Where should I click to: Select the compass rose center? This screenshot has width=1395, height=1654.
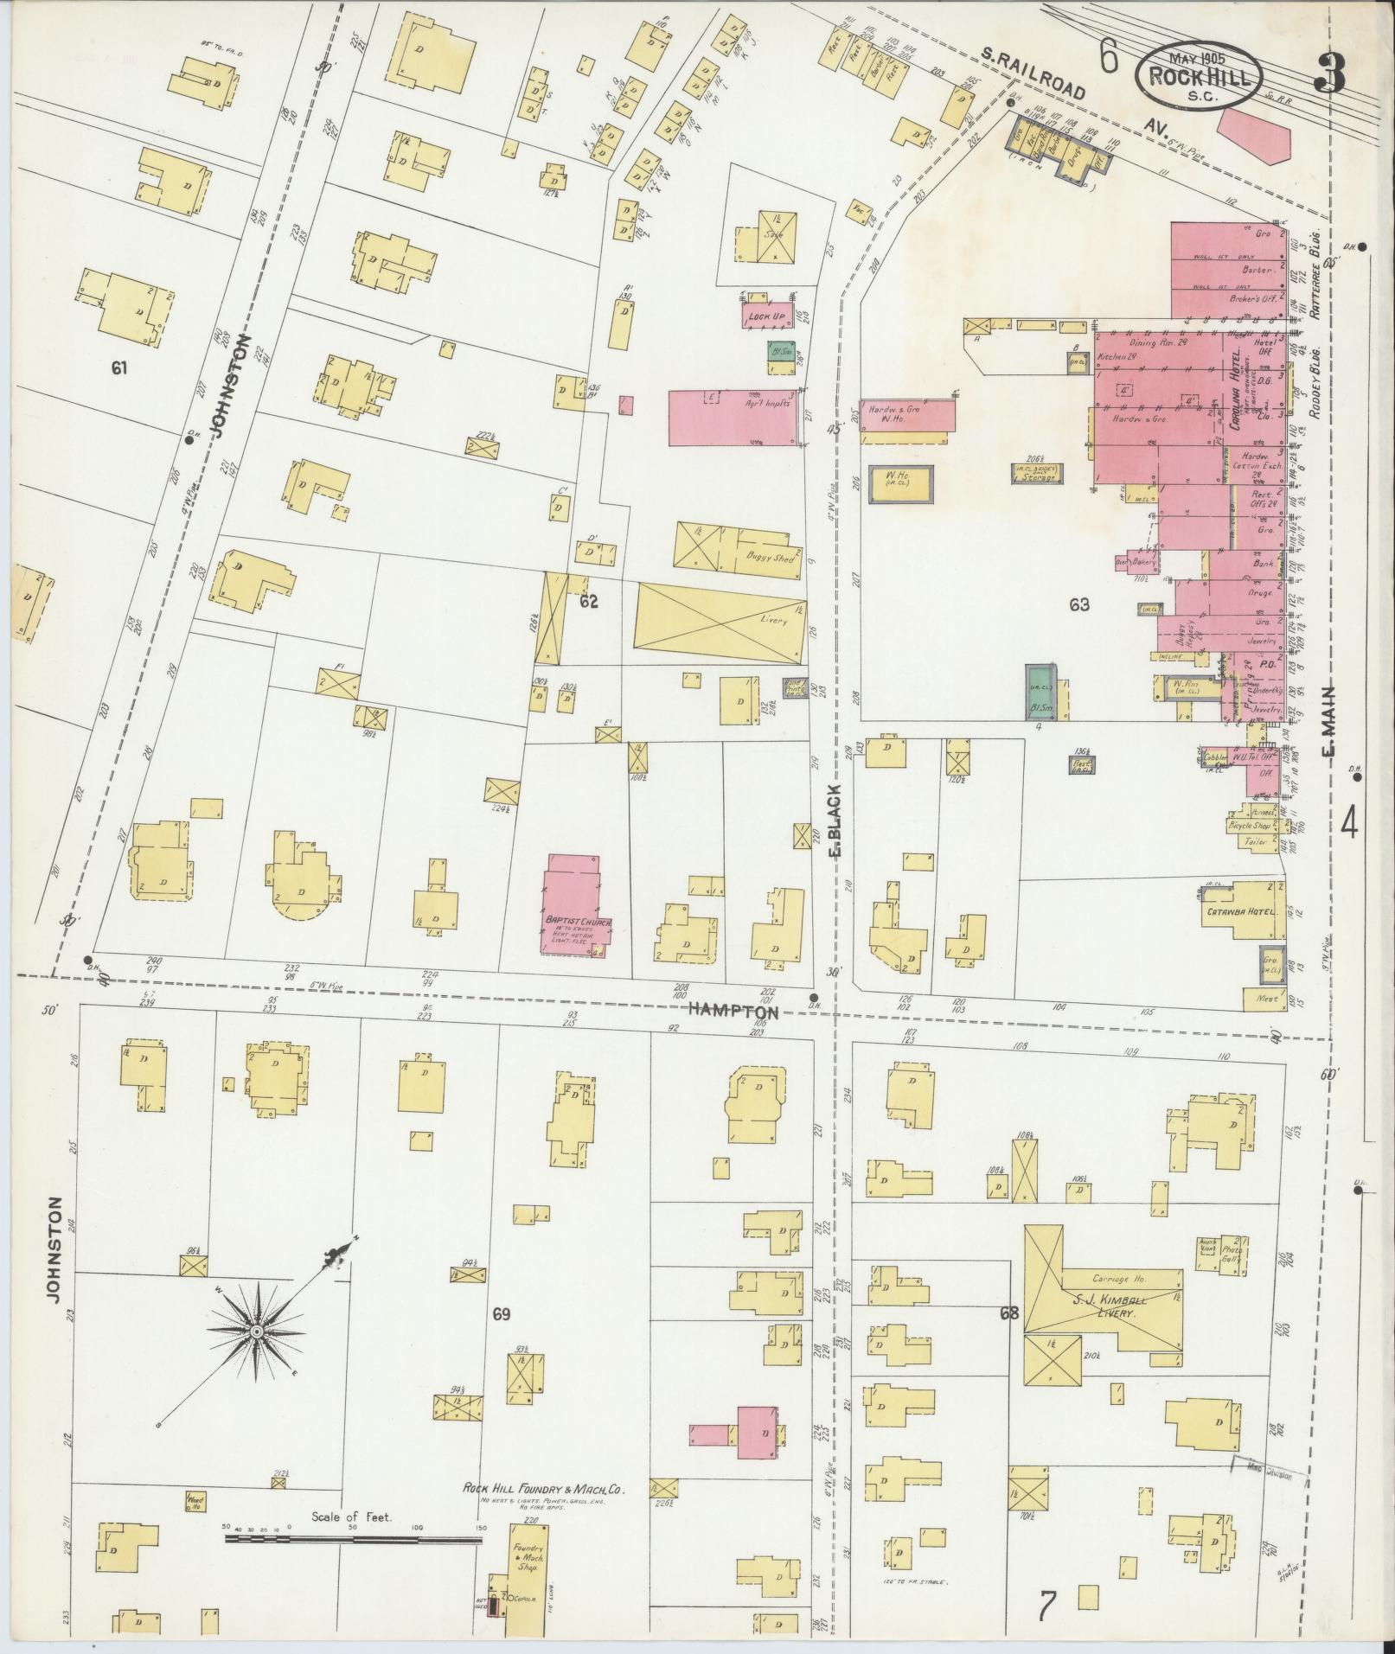coord(256,1357)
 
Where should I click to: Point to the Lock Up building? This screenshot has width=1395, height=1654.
coord(767,316)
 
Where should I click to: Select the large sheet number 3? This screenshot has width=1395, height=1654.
coord(1329,75)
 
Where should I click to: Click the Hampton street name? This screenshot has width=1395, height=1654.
coord(733,1009)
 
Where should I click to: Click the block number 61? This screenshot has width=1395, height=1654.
coord(119,368)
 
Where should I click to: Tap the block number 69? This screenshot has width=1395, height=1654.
coord(501,1339)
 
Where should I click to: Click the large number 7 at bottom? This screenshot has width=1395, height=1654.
coord(1047,1607)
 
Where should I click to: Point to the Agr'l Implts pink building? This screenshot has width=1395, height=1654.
coord(734,418)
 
